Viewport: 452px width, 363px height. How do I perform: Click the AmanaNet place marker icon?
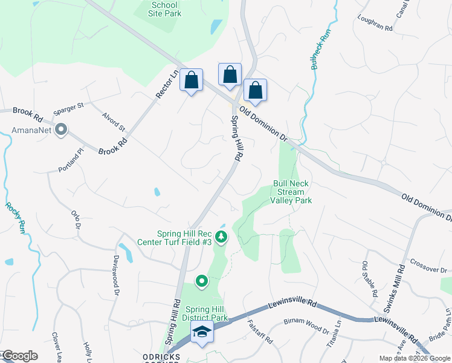60,129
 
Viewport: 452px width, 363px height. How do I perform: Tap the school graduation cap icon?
201,332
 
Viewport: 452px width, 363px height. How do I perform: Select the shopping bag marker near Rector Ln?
191,80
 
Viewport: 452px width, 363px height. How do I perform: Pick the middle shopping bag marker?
230,75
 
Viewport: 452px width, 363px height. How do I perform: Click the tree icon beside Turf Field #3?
221,237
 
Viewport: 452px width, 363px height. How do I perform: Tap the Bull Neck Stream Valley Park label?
291,192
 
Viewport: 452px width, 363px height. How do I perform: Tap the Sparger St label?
68,108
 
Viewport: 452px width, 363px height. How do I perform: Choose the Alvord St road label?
113,121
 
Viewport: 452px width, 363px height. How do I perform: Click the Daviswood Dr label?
115,274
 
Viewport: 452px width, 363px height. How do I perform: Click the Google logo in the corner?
20,356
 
